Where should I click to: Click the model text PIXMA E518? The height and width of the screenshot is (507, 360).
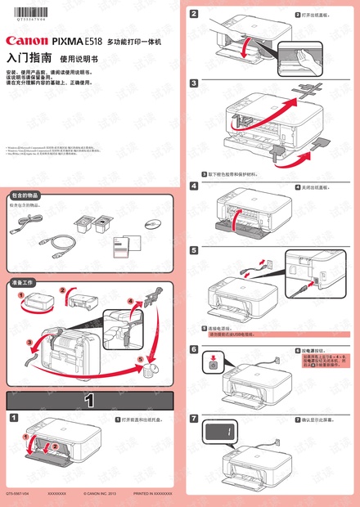pyautogui.click(x=78, y=39)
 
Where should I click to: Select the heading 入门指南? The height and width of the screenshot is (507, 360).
pyautogui.click(x=29, y=58)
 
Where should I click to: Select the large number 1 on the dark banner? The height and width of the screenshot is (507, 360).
pyautogui.click(x=89, y=401)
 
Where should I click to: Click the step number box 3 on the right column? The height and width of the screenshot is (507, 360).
pyautogui.click(x=194, y=83)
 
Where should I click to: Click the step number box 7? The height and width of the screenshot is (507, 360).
pyautogui.click(x=194, y=419)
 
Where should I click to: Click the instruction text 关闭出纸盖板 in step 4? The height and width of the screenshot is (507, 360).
pyautogui.click(x=313, y=187)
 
